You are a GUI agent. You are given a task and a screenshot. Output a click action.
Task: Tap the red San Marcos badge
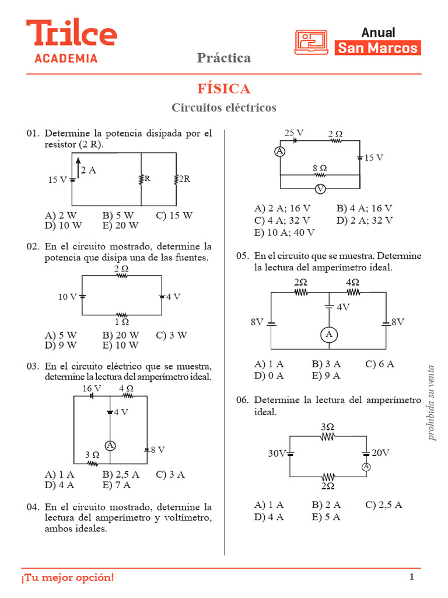(378, 48)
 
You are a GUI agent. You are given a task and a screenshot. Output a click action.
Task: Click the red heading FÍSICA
(224, 89)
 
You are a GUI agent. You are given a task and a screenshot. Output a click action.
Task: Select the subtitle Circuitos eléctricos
(224, 108)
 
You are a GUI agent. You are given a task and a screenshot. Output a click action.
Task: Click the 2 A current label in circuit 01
(89, 171)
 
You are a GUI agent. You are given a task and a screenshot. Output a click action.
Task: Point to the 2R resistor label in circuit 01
(184, 179)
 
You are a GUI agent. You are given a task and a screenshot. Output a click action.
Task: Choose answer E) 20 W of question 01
(121, 225)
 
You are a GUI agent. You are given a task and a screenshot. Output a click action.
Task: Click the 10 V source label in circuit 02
(67, 297)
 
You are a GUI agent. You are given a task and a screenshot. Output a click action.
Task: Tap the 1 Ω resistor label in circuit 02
(121, 321)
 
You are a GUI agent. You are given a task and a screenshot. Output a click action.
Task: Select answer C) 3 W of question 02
(171, 335)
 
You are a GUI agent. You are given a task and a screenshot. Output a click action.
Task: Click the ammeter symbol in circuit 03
(110, 446)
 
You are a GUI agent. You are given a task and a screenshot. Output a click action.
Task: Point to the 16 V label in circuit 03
(92, 388)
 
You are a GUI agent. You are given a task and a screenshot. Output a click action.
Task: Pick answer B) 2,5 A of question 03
(121, 474)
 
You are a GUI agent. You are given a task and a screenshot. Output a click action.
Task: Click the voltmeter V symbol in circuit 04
(320, 189)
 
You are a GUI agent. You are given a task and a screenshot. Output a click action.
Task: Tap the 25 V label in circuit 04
(294, 133)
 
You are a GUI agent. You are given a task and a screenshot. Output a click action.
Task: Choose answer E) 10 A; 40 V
(285, 232)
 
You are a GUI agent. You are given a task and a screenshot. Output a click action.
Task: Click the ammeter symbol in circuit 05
(329, 334)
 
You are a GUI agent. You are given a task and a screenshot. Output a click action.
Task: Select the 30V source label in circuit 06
(278, 453)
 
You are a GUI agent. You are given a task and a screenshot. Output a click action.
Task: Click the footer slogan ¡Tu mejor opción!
(68, 578)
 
